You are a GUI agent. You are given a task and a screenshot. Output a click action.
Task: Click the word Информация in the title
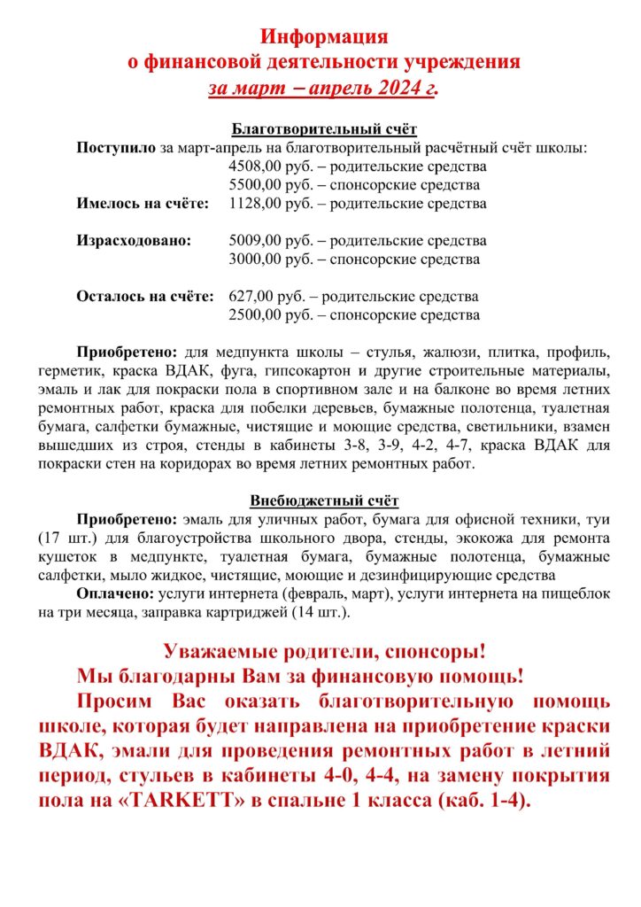tap(324, 36)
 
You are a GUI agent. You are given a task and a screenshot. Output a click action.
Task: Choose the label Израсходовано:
tap(134, 241)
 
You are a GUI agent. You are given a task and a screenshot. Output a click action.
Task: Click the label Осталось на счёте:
tap(145, 297)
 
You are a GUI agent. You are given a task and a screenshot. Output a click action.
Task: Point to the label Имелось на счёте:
tap(143, 204)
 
